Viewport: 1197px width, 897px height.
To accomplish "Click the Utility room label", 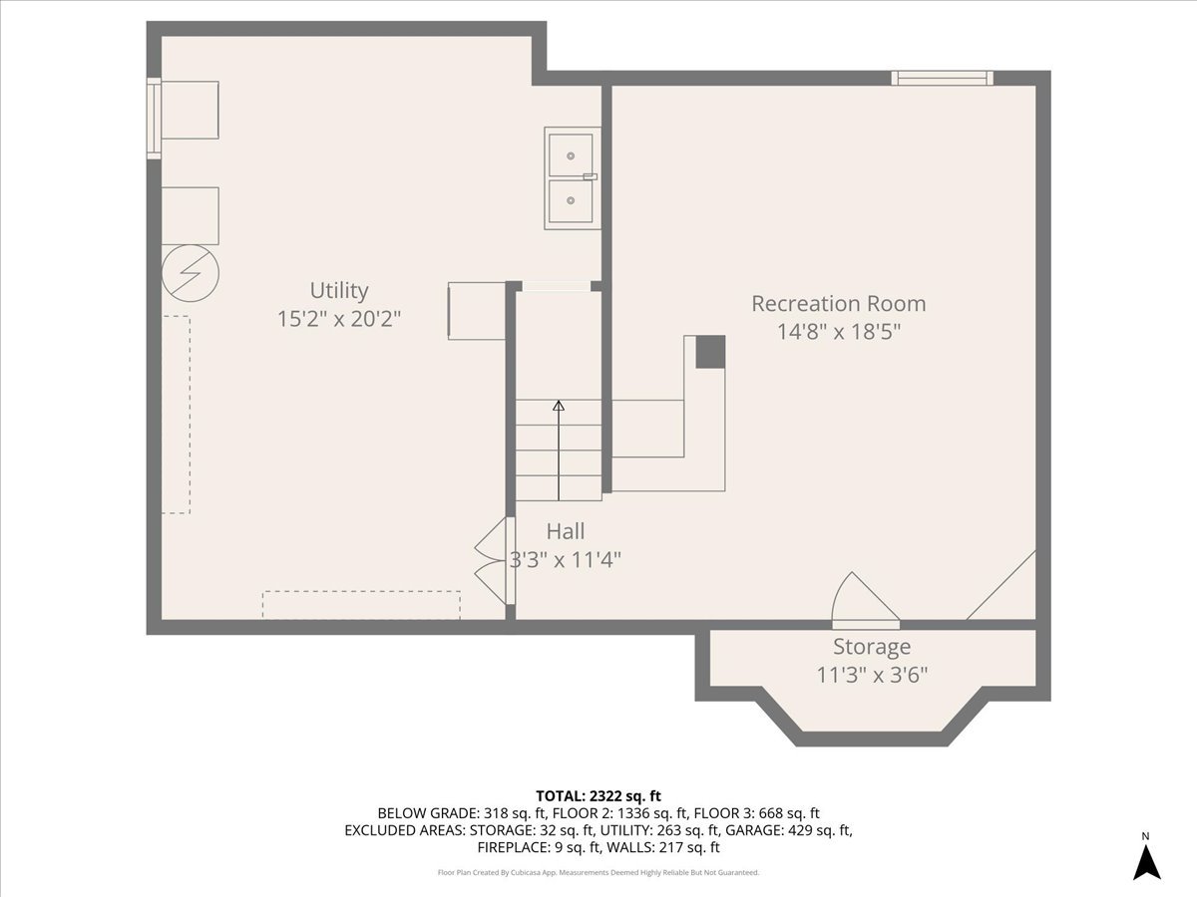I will tap(338, 290).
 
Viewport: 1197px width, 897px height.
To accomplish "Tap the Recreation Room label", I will tap(838, 303).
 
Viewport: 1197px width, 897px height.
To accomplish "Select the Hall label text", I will tap(565, 531).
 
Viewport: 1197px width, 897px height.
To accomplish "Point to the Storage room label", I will tap(872, 647).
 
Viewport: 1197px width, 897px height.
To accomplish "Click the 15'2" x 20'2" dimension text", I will tap(338, 319).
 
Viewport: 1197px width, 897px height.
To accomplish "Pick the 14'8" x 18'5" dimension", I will tap(838, 332).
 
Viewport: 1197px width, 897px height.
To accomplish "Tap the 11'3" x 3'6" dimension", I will tap(872, 675).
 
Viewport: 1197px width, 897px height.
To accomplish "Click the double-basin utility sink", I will tap(572, 178).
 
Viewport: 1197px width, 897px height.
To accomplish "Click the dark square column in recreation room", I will tap(709, 352).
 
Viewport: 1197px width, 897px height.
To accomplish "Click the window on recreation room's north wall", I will tap(942, 78).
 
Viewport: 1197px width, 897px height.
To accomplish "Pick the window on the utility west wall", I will tap(154, 118).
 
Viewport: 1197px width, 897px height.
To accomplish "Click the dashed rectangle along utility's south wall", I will tap(361, 605).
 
